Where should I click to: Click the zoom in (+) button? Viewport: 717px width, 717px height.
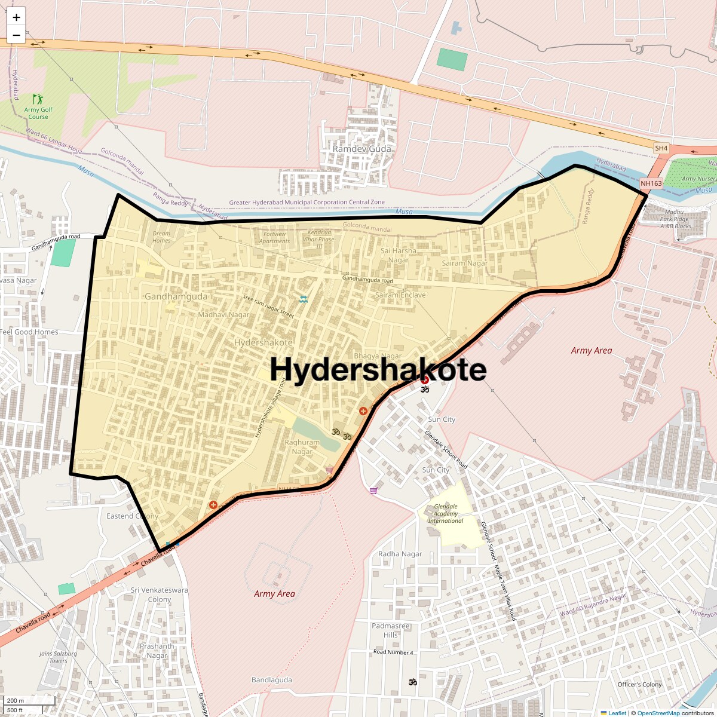pos(16,17)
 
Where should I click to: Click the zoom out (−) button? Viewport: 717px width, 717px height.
pos(16,35)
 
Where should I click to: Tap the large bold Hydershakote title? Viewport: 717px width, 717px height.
pos(378,369)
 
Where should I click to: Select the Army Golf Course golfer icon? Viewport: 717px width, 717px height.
pos(38,99)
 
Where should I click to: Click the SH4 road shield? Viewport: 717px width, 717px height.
pos(661,148)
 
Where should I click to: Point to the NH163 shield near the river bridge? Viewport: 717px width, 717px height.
pos(651,183)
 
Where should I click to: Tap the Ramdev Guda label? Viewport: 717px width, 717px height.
pos(362,149)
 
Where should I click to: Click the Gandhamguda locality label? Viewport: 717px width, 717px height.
pos(176,296)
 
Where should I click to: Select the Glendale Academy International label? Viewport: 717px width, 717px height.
pos(446,514)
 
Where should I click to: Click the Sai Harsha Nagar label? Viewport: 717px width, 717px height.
pos(399,255)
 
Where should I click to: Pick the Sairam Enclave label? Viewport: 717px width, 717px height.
pos(400,295)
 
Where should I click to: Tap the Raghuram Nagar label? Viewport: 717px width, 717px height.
pos(302,447)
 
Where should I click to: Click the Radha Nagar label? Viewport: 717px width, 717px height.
pos(400,554)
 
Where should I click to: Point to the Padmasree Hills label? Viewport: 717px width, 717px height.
pos(391,630)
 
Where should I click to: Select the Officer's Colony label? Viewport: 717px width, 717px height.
pos(639,684)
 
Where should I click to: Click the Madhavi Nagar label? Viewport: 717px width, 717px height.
pos(224,315)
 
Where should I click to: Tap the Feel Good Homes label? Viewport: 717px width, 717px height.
pos(29,332)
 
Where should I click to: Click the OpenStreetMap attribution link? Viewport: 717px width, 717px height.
pos(658,713)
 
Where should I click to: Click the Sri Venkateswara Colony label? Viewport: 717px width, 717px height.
pos(159,595)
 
